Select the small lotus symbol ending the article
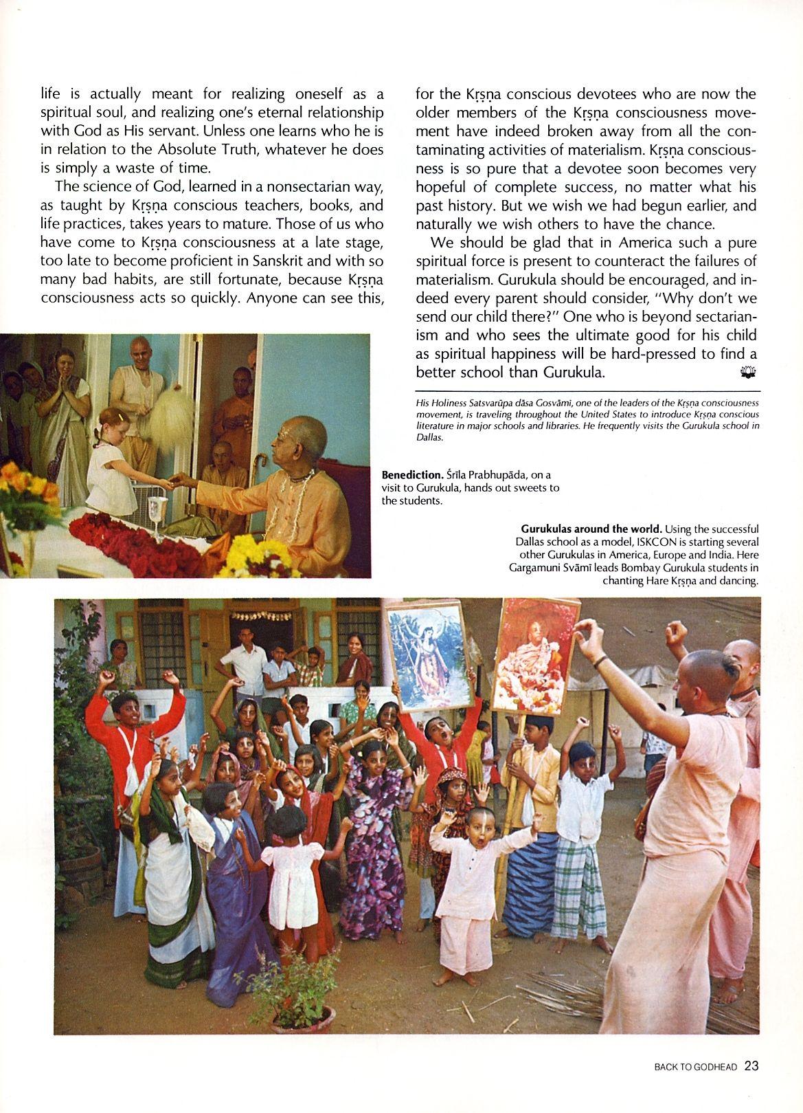click(x=748, y=372)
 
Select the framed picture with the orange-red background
click(x=528, y=654)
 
